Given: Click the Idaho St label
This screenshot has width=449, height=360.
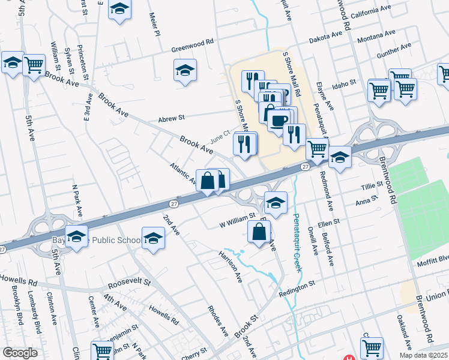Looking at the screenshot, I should (345, 82).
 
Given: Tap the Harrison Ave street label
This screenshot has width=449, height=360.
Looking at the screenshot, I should (231, 266).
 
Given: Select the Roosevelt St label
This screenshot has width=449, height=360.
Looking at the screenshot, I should (128, 282).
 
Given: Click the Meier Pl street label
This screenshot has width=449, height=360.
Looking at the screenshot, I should (155, 25).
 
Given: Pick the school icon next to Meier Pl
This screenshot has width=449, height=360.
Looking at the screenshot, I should (120, 9).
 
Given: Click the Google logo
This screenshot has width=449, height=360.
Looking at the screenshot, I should (20, 353).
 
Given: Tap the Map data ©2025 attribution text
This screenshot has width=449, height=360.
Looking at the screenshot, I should (423, 355).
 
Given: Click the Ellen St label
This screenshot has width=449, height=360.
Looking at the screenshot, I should (329, 221).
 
